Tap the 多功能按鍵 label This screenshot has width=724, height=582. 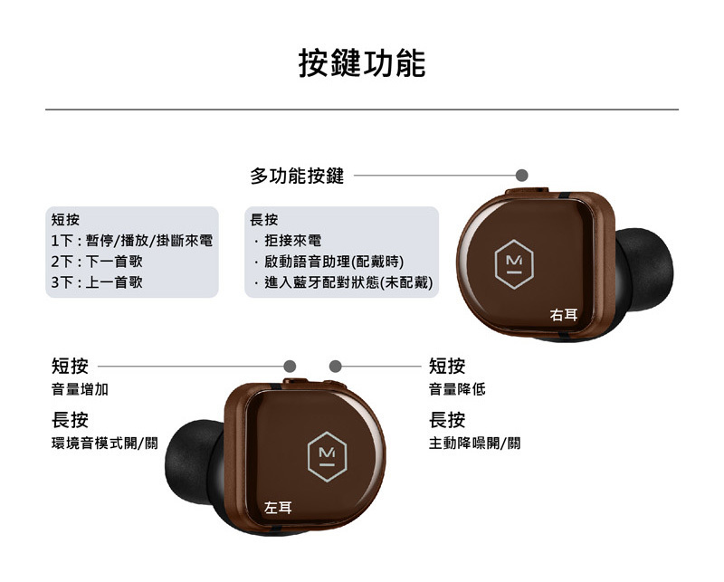[297, 177]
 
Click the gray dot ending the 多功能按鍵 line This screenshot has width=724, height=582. [521, 175]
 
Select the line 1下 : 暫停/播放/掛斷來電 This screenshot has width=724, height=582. [132, 241]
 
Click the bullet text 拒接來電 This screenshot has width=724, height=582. [293, 241]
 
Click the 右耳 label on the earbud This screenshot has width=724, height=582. [564, 315]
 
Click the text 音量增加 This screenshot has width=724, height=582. [80, 389]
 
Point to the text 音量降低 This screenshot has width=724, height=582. [457, 389]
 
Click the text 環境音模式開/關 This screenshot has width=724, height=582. [105, 444]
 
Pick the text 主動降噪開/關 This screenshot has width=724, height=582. [474, 444]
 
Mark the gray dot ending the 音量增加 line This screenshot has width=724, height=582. [290, 366]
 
